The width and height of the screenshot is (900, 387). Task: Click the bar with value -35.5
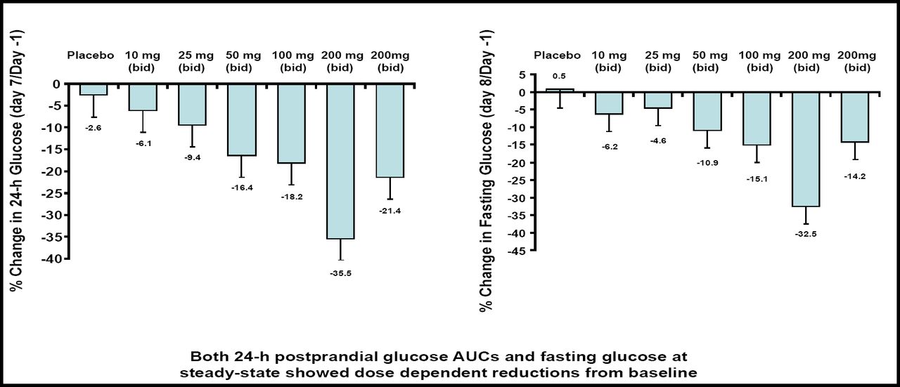(340, 162)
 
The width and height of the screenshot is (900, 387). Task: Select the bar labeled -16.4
(240, 119)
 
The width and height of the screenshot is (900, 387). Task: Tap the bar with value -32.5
(806, 149)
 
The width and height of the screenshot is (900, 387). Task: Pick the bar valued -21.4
(390, 131)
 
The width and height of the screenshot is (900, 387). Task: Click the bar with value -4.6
(657, 100)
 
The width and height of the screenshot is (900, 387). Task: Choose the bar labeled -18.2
(290, 124)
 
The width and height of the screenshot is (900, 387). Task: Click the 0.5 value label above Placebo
(560, 76)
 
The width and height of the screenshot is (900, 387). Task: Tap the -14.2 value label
(856, 176)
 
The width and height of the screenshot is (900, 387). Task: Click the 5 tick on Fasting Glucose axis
(522, 74)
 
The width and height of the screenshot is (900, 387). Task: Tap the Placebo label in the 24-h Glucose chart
(91, 55)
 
